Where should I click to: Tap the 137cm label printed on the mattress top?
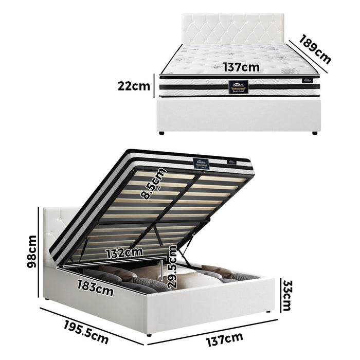[x=241, y=66]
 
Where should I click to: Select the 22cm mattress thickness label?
[x=133, y=86]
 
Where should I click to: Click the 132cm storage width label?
[x=124, y=253]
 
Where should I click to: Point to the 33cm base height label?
[x=287, y=296]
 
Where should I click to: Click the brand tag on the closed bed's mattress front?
[x=240, y=86]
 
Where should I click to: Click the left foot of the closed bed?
[x=162, y=133]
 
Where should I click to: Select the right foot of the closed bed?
[x=314, y=133]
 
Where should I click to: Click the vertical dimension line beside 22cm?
[x=153, y=86]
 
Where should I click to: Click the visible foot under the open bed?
[x=149, y=334]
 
